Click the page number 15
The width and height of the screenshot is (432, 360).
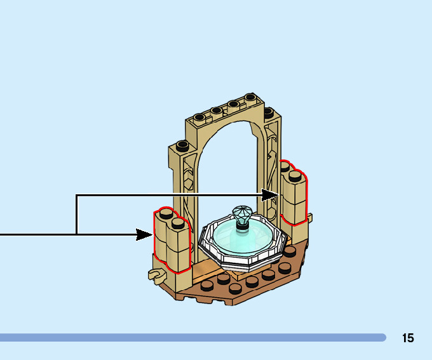pos(407,338)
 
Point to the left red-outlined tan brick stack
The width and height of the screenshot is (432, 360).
pos(172,244)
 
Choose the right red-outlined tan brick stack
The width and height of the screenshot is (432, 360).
pos(294,194)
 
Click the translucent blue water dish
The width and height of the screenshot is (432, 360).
pos(241,237)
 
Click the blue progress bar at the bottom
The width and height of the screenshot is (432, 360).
pos(191,337)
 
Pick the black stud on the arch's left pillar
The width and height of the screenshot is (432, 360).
pos(182,145)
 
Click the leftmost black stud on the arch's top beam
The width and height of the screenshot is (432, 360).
pos(199,116)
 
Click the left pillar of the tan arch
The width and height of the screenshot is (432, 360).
pos(178,184)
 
